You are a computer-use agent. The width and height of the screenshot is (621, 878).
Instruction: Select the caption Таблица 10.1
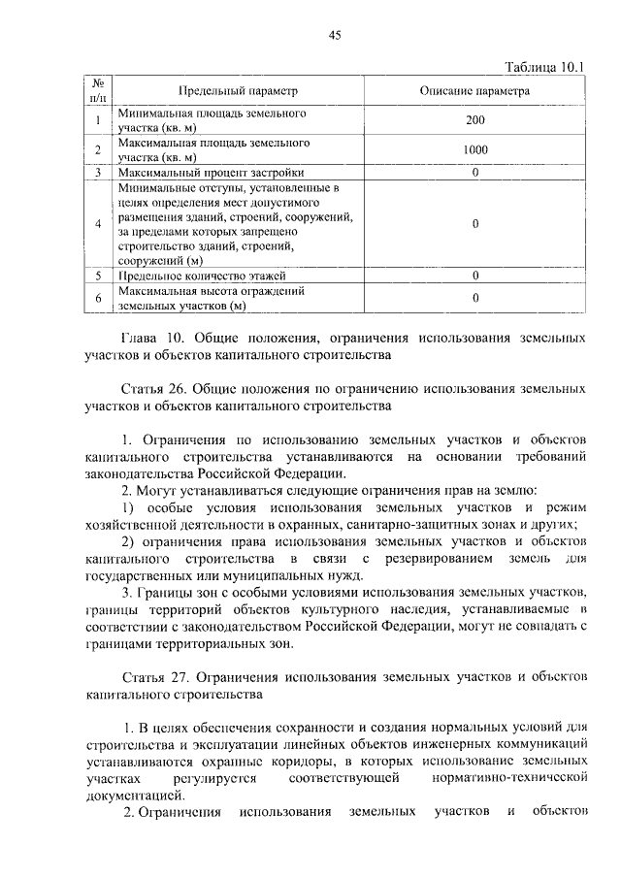[x=547, y=67]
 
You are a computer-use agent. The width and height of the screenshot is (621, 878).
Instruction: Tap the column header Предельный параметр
[x=237, y=90]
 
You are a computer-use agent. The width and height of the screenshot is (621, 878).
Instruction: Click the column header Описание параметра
[x=474, y=90]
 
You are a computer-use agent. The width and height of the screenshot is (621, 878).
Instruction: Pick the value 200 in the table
[x=474, y=120]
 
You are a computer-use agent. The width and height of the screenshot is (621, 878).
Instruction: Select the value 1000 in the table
[x=474, y=149]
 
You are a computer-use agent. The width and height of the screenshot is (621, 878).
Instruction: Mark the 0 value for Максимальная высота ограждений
[x=474, y=298]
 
